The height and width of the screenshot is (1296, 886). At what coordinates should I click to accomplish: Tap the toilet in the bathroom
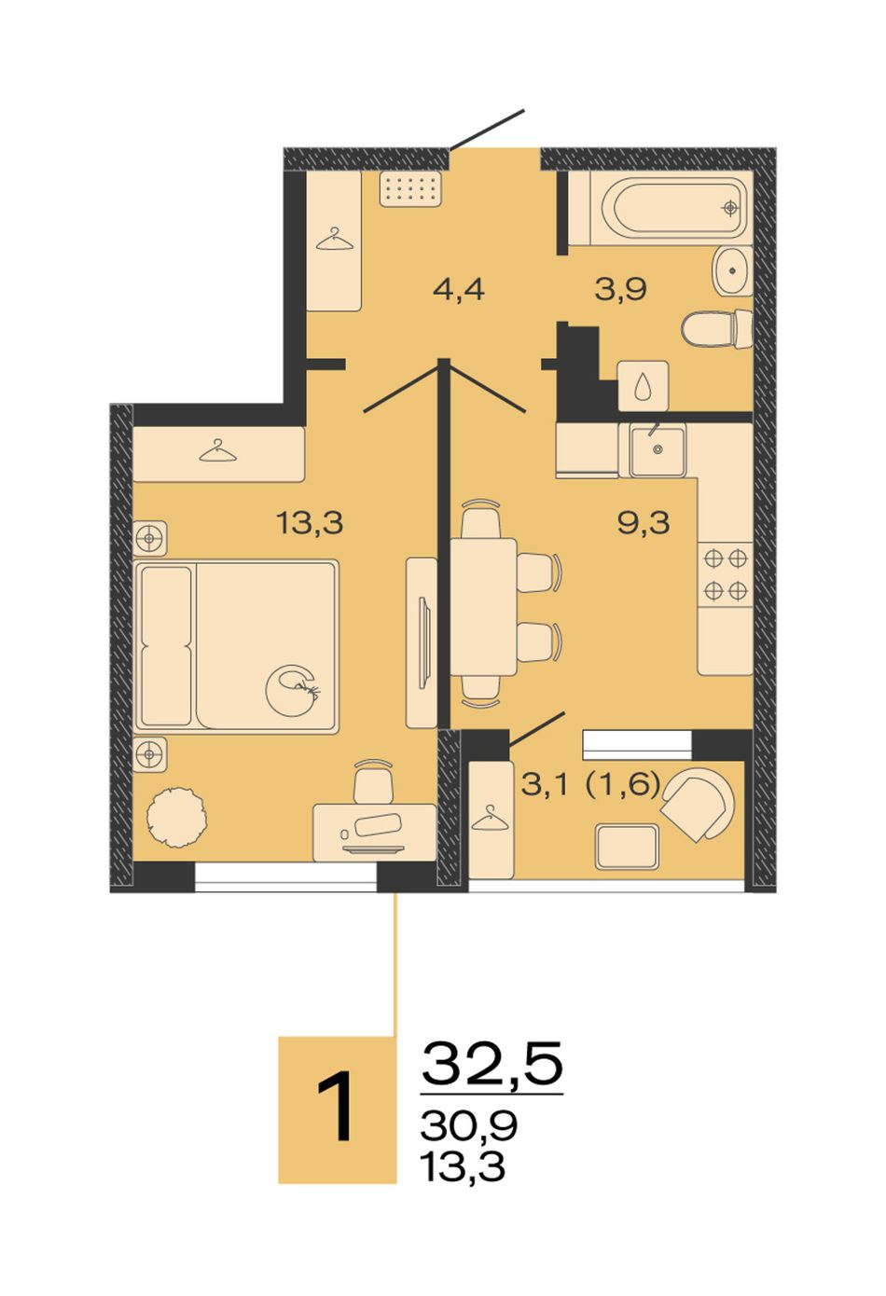click(x=717, y=329)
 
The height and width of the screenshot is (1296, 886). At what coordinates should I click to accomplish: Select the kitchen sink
click(x=658, y=450)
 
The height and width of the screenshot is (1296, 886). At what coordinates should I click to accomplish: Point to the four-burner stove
click(x=726, y=574)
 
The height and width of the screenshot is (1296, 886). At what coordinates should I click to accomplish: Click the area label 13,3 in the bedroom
click(x=311, y=523)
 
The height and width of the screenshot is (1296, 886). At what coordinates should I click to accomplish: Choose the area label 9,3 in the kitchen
click(x=644, y=523)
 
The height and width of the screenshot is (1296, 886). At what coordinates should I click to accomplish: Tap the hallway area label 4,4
click(x=459, y=289)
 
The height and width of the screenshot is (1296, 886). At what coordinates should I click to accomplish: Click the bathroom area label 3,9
click(x=620, y=289)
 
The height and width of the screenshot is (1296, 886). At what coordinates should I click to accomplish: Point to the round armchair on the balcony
click(x=698, y=805)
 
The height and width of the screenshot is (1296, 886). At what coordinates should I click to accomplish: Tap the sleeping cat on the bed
click(x=294, y=690)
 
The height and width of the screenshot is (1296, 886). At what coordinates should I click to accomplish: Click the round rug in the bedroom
click(x=177, y=818)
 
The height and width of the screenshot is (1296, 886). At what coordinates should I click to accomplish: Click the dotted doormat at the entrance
click(x=412, y=188)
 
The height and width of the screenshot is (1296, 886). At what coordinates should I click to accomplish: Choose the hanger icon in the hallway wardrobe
click(x=334, y=240)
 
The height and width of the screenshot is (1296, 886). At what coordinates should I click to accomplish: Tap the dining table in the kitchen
click(x=483, y=607)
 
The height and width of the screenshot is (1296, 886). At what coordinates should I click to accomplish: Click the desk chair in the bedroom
click(x=374, y=780)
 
